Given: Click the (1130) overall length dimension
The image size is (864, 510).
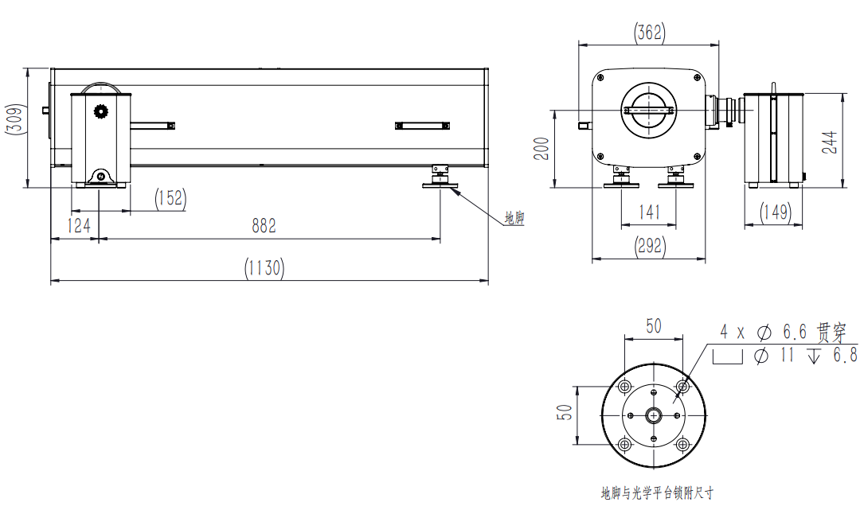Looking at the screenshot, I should (x=264, y=268).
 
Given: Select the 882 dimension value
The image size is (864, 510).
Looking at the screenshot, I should (x=264, y=226).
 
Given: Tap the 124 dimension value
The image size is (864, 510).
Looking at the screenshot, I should (x=78, y=226).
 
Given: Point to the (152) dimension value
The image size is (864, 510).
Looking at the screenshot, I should (x=170, y=198).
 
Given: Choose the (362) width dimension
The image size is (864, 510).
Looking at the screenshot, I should (x=649, y=33).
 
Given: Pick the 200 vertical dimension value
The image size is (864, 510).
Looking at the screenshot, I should (x=541, y=147).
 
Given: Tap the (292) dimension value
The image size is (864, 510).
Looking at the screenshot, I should (x=650, y=246).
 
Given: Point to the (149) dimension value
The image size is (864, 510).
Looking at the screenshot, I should (x=774, y=212).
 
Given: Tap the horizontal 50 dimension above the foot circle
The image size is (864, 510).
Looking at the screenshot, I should (x=653, y=325).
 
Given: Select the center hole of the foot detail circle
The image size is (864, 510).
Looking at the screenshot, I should (x=654, y=415).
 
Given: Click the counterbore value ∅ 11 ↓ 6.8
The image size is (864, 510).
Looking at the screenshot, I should (x=804, y=355).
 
